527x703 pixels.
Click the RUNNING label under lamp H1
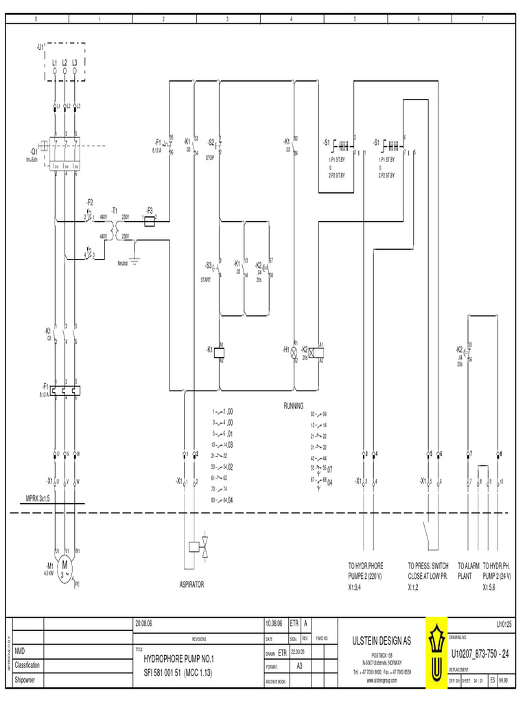point(293,406)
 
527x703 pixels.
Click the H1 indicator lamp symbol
point(294,351)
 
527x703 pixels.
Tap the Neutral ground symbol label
point(123,262)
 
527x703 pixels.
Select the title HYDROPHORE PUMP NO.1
point(178,658)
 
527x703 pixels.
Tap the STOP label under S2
point(210,157)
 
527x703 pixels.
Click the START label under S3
point(206,279)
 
